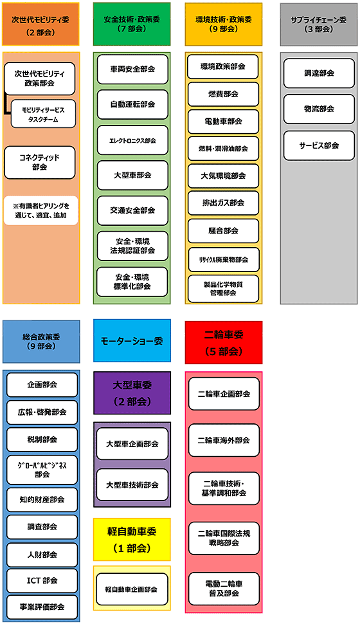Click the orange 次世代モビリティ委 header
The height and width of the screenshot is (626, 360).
[x=40, y=24]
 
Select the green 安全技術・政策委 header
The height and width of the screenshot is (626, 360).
[x=132, y=24]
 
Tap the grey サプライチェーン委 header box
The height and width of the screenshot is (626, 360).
[x=319, y=24]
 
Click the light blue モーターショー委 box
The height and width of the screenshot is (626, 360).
[x=132, y=341]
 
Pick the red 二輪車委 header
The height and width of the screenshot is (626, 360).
[x=224, y=342]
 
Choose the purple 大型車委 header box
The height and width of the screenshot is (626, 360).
[x=132, y=393]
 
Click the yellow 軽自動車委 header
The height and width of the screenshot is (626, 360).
[x=132, y=539]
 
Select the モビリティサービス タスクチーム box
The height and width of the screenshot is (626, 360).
[x=43, y=114]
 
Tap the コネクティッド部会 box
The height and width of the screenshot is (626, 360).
[x=39, y=163]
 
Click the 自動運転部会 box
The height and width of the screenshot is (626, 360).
[x=132, y=105]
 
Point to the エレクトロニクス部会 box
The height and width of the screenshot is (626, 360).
[x=132, y=140]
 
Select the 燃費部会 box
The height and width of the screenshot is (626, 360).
[x=223, y=94]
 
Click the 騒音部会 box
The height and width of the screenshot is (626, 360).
[x=223, y=231]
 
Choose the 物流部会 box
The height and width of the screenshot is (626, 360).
[x=319, y=109]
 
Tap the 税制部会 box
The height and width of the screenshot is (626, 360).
[x=42, y=439]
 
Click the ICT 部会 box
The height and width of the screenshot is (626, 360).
[x=42, y=580]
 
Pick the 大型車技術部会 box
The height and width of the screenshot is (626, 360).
[x=132, y=484]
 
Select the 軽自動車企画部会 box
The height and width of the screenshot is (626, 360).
[x=132, y=589]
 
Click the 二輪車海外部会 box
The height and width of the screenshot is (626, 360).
[x=224, y=440]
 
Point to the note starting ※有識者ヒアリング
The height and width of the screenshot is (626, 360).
[x=40, y=210]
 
